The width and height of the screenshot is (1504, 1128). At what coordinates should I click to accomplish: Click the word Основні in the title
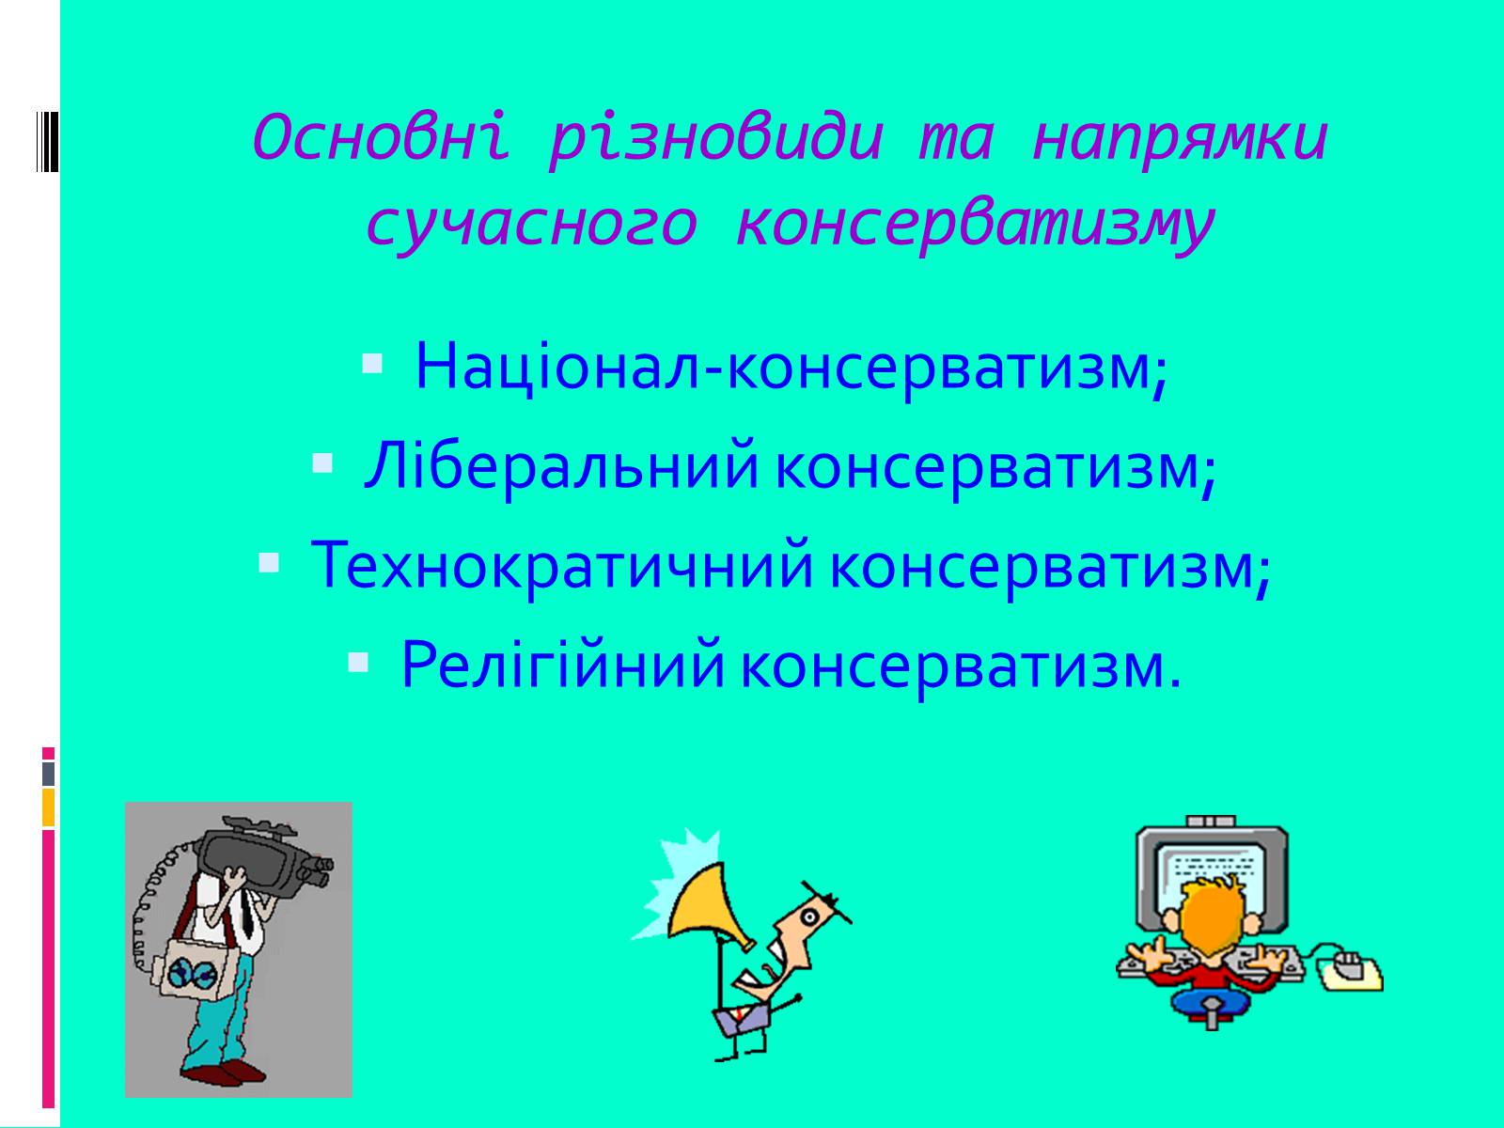point(381,137)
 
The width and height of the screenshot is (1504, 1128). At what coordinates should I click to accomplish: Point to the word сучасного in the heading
point(532,226)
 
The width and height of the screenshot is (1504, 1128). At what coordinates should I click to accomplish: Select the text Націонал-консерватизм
point(791,368)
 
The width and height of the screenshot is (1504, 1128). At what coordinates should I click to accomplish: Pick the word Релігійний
point(562,665)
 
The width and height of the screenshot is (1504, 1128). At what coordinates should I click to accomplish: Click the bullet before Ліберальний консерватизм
point(322,464)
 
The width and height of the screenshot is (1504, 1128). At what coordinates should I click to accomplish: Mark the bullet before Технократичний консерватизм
point(269,564)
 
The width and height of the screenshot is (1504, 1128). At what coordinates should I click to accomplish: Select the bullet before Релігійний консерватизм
point(358,663)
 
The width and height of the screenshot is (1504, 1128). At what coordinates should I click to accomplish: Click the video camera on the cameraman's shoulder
point(263,858)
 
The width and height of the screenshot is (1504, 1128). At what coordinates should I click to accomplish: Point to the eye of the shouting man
point(810,917)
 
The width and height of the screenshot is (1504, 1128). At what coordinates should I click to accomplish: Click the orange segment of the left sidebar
point(48,807)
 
